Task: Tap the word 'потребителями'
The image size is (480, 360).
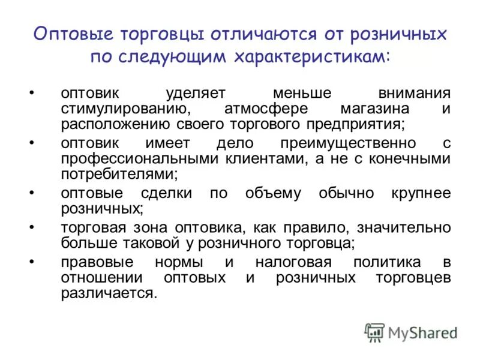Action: pos(118,174)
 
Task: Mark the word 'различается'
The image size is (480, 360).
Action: pos(108,293)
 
